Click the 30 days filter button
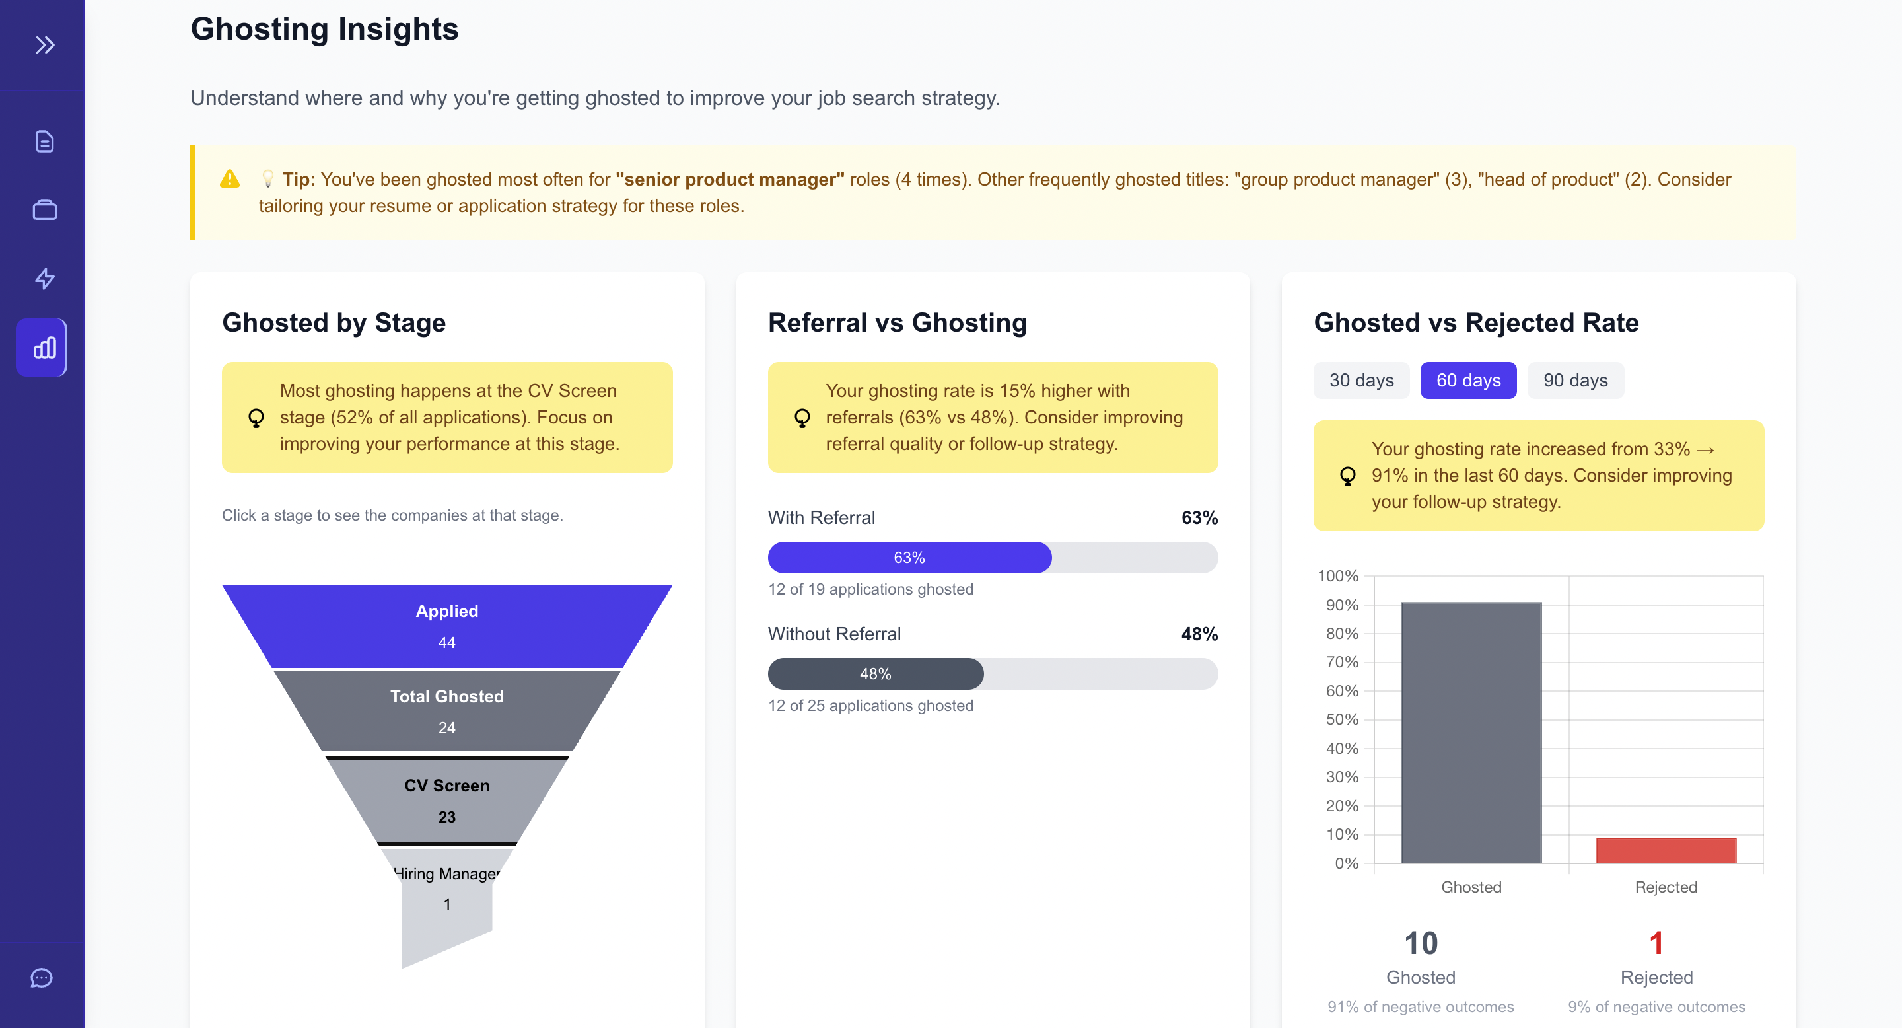(1360, 381)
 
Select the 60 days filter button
(1468, 381)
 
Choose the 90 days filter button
(1575, 381)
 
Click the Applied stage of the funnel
(446, 626)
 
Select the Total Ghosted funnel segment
(446, 710)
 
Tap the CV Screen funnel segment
(446, 801)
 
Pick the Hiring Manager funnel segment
(446, 889)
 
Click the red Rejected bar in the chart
(1666, 850)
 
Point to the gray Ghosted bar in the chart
(1471, 732)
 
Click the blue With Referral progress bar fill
(909, 558)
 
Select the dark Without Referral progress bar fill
(875, 673)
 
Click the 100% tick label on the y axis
(1337, 576)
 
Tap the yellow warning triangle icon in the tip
(230, 179)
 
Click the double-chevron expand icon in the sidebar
(45, 45)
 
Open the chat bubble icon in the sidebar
(42, 978)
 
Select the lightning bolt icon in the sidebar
(45, 278)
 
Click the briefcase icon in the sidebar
(45, 209)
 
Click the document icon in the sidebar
(45, 141)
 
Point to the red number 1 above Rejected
(1656, 943)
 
